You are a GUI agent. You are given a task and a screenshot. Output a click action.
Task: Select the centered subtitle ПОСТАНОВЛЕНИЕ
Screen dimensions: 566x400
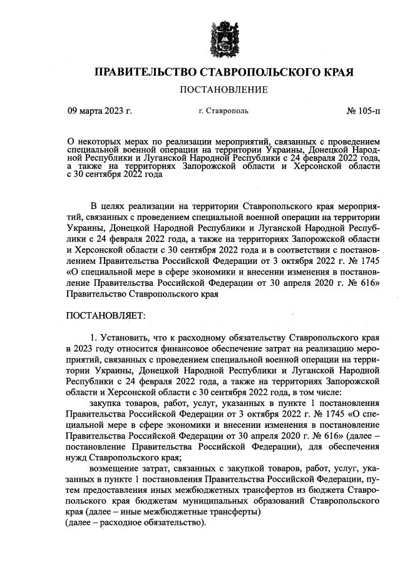point(223,90)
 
